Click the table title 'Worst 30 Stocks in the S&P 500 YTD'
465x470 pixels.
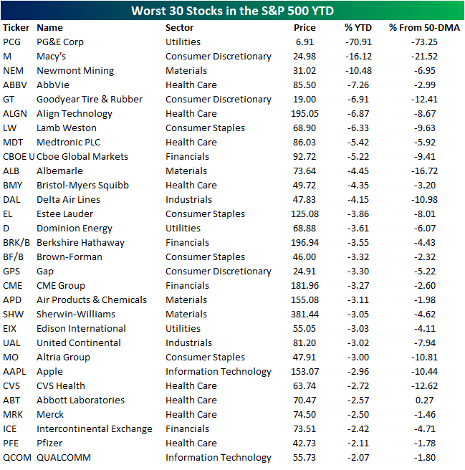(232, 11)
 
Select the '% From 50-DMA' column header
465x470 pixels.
(424, 27)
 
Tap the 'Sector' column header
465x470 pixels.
(181, 27)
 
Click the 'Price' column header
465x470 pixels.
(305, 27)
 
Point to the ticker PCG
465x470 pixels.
(12, 42)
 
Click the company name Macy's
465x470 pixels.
(52, 56)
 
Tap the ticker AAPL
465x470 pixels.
(14, 371)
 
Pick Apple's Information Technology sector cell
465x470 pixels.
(219, 371)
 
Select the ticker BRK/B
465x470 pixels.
(16, 242)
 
